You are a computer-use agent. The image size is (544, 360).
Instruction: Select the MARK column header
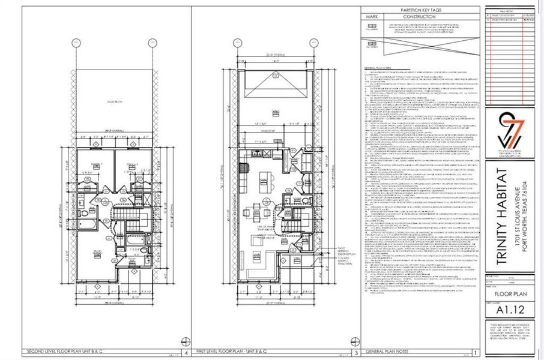point(372,17)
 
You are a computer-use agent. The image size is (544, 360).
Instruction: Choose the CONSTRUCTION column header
point(414,17)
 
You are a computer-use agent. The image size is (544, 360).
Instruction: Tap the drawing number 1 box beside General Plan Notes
point(476,353)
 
